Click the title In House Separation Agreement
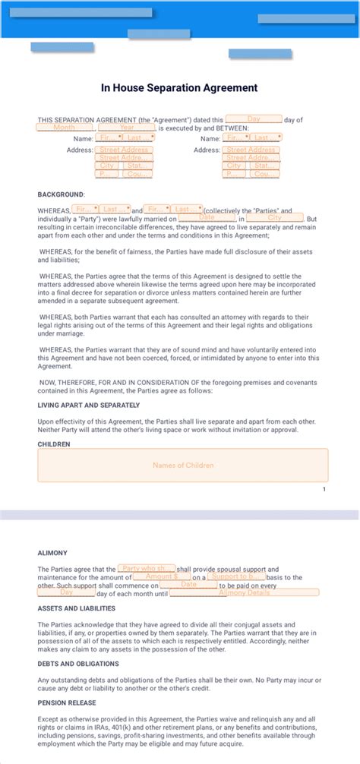tap(179, 88)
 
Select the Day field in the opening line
tap(254, 119)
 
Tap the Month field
tap(65, 128)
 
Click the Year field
tap(127, 128)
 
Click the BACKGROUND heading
tap(61, 194)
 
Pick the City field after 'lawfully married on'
tap(274, 218)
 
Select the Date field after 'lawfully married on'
tap(207, 218)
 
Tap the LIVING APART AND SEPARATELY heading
tap(86, 406)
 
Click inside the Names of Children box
tap(183, 465)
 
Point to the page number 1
tap(324, 489)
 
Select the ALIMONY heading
tap(52, 553)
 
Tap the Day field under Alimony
tap(66, 592)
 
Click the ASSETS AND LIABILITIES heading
tap(77, 608)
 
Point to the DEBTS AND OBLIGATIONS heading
tap(78, 664)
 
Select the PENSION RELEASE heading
tap(68, 702)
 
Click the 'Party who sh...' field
tap(147, 568)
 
